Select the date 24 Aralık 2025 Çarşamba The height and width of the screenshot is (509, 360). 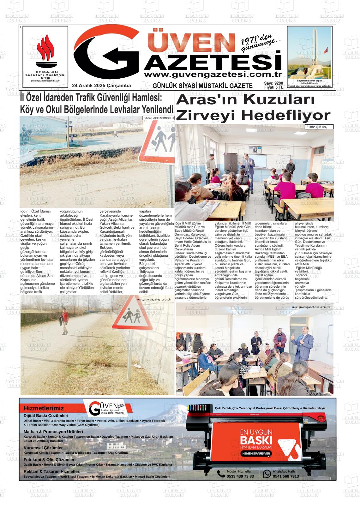tap(101, 86)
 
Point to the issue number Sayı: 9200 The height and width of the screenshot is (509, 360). tap(273, 83)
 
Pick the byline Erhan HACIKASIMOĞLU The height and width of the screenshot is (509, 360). tap(159, 118)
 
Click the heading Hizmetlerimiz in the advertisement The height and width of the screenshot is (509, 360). tap(44, 408)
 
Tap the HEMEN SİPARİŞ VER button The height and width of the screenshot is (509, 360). tap(256, 453)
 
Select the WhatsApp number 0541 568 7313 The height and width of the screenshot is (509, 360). tap(286, 476)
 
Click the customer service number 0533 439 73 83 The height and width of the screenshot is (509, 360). tap(240, 476)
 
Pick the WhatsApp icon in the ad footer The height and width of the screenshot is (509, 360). tap(267, 474)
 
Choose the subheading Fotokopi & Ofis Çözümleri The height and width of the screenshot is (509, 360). tap(50, 460)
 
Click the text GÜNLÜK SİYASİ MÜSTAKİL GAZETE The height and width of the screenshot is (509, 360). tap(202, 86)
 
